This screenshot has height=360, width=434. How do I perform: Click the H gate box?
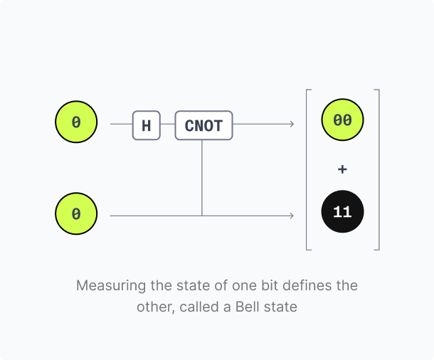click(147, 125)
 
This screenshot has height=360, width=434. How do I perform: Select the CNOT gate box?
click(203, 125)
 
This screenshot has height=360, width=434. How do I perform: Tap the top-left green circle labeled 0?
click(76, 122)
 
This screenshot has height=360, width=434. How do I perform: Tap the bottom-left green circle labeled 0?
click(76, 213)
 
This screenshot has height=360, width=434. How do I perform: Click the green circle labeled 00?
click(342, 120)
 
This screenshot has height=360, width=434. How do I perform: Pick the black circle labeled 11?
click(342, 212)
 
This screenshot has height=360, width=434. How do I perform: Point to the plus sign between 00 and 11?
click(342, 169)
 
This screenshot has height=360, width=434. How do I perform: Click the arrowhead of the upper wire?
click(292, 124)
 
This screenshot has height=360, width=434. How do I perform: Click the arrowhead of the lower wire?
click(292, 216)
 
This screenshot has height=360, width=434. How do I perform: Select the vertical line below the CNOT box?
click(202, 178)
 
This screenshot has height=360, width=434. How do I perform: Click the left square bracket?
click(307, 169)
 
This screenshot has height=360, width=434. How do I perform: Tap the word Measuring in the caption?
click(111, 286)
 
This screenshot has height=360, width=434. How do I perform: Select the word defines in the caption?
click(304, 285)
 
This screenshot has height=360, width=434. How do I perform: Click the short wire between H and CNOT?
click(168, 124)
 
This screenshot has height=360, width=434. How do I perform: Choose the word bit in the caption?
click(270, 285)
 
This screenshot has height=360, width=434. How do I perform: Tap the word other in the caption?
click(156, 307)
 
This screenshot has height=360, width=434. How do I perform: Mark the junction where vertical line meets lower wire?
click(202, 216)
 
